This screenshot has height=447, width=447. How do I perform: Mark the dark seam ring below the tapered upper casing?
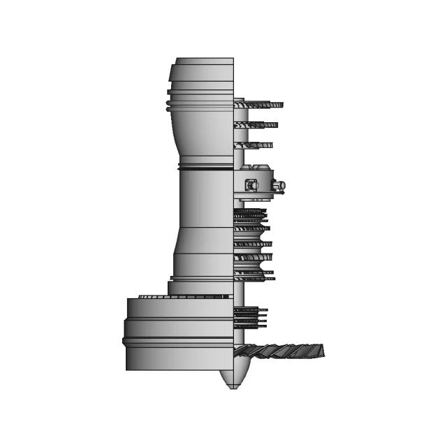[205, 167]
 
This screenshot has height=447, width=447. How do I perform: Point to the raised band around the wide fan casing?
[178, 341]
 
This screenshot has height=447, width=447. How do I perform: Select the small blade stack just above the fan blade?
[250, 318]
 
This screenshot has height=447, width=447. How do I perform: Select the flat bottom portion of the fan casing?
[178, 358]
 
